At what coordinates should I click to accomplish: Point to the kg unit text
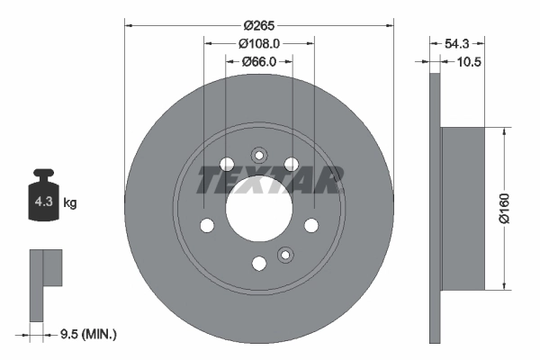(x=70, y=203)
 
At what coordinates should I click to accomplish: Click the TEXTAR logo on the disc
(x=270, y=180)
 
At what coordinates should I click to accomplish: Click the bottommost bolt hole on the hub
(x=259, y=263)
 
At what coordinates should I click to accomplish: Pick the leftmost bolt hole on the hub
(x=207, y=225)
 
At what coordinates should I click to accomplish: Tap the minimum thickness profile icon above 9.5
(x=45, y=283)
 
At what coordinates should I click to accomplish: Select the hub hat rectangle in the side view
(x=463, y=209)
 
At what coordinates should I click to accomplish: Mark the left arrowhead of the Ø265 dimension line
(x=126, y=24)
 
